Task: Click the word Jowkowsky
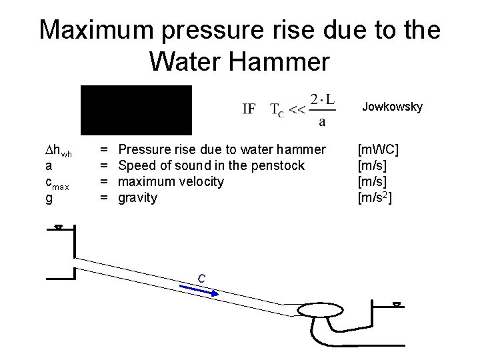[392, 106]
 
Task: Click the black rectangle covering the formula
[136, 111]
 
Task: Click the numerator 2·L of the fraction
[323, 97]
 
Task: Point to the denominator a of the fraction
[323, 121]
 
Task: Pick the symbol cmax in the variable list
[58, 182]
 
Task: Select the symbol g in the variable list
[49, 198]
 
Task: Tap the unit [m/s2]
[376, 198]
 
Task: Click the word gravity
[137, 198]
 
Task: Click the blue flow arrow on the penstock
[199, 289]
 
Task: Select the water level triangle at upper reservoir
[59, 228]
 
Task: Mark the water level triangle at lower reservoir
[397, 305]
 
